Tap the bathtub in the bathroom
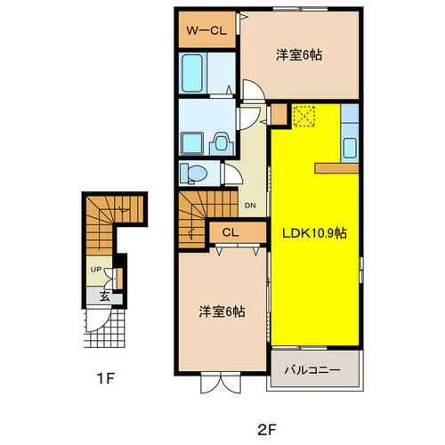click(193, 73)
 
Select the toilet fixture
click(191, 172)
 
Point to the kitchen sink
click(349, 148)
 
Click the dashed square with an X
click(304, 116)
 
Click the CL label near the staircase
click(230, 233)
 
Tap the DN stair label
click(250, 204)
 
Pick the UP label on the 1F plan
click(94, 268)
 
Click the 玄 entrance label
click(104, 298)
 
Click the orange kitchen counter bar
click(336, 167)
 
